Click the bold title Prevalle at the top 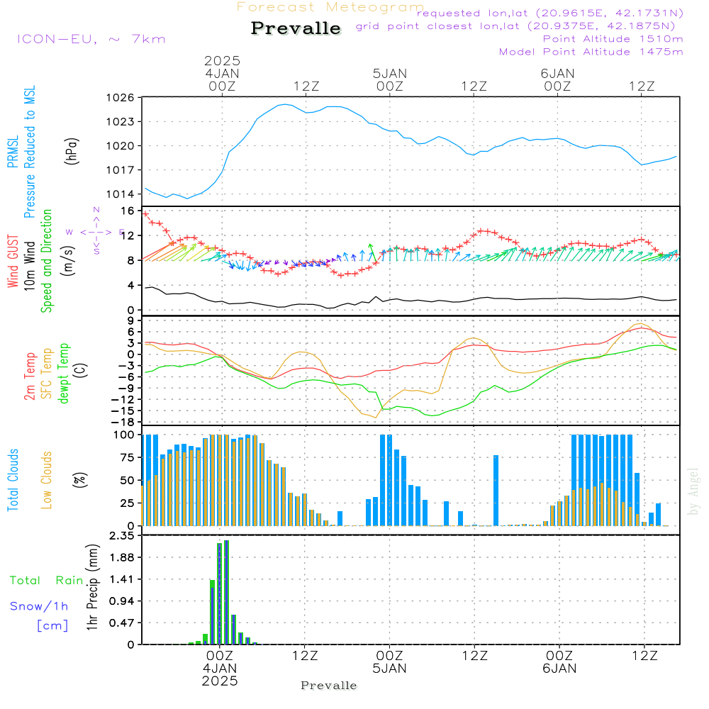(x=296, y=28)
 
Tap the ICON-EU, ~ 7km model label (x=91, y=39)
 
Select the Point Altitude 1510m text (x=613, y=39)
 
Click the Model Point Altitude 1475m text (x=591, y=52)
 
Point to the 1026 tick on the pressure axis (x=123, y=98)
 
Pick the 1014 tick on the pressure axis (x=123, y=194)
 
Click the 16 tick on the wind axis (x=128, y=211)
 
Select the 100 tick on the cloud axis (x=125, y=435)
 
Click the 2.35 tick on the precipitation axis (x=121, y=536)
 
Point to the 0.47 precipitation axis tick (x=121, y=623)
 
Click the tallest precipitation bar (x=226, y=592)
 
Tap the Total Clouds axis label (x=13, y=480)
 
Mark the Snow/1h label (x=40, y=606)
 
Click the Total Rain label (x=47, y=580)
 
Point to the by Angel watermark (x=693, y=491)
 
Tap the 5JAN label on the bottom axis (x=389, y=669)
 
